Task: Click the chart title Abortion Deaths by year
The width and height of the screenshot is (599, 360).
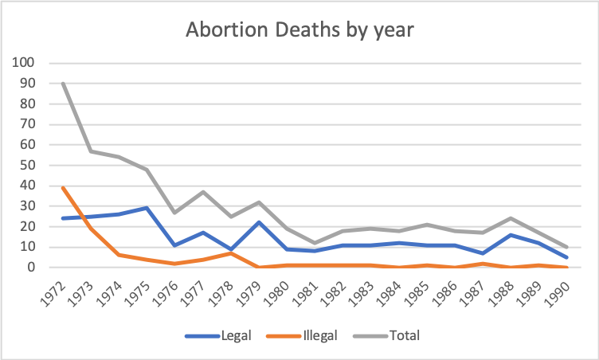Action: [299, 30]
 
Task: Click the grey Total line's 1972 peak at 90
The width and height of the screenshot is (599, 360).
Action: [63, 84]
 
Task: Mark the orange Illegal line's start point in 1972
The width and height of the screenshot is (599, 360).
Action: [63, 188]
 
